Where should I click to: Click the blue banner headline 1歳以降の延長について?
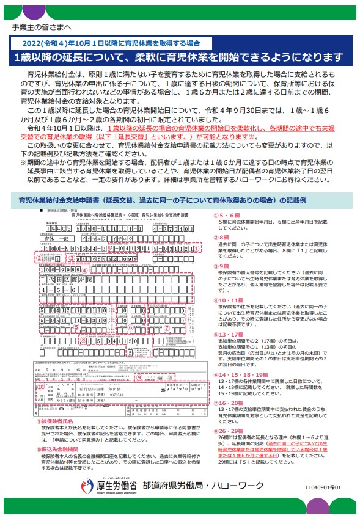click(180, 58)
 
